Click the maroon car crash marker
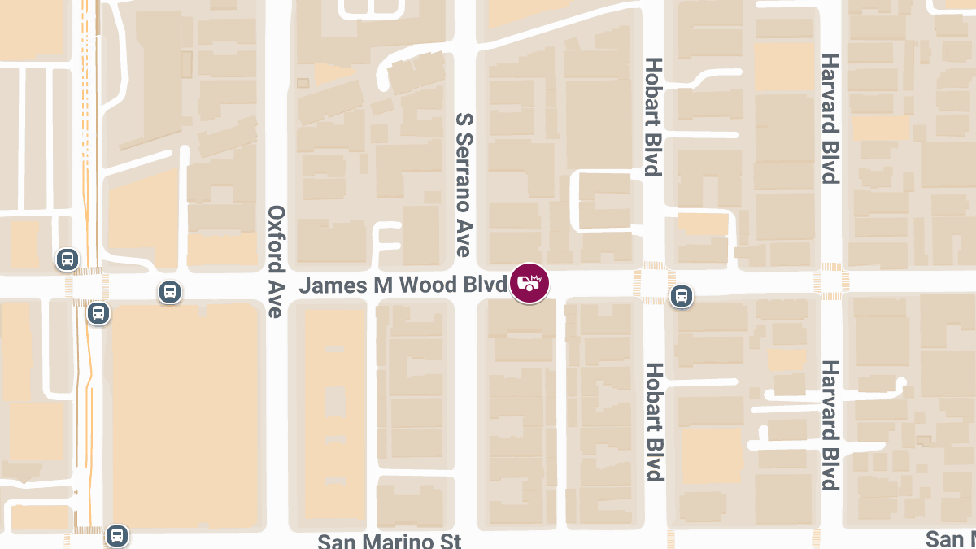(529, 284)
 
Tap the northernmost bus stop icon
(68, 259)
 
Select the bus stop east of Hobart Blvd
(682, 296)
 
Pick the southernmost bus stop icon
(117, 535)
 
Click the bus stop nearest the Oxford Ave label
(169, 291)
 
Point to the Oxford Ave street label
(277, 261)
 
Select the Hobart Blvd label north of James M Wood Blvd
(652, 116)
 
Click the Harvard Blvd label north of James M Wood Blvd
(830, 119)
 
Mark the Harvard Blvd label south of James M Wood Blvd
(830, 425)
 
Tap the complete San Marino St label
(389, 541)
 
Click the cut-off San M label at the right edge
(951, 539)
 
